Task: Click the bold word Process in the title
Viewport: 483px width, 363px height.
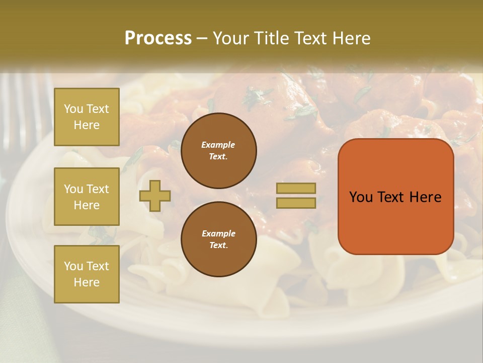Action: (x=158, y=38)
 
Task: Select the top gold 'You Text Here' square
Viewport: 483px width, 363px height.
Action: (x=87, y=117)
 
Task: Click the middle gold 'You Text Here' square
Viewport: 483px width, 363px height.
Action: (x=87, y=197)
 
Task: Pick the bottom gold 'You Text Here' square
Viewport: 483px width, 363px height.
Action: (x=87, y=274)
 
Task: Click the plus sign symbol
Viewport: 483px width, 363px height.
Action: (x=155, y=196)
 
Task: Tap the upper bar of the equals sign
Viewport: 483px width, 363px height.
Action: (x=296, y=188)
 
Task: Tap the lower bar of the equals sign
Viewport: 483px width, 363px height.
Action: (x=296, y=203)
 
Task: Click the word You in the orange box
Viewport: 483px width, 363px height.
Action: (x=361, y=197)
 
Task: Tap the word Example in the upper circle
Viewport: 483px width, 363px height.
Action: (x=218, y=145)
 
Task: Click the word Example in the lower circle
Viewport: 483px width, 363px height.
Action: (x=218, y=233)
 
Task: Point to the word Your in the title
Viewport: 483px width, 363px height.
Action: (x=231, y=38)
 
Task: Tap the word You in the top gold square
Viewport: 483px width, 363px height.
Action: (x=73, y=109)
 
